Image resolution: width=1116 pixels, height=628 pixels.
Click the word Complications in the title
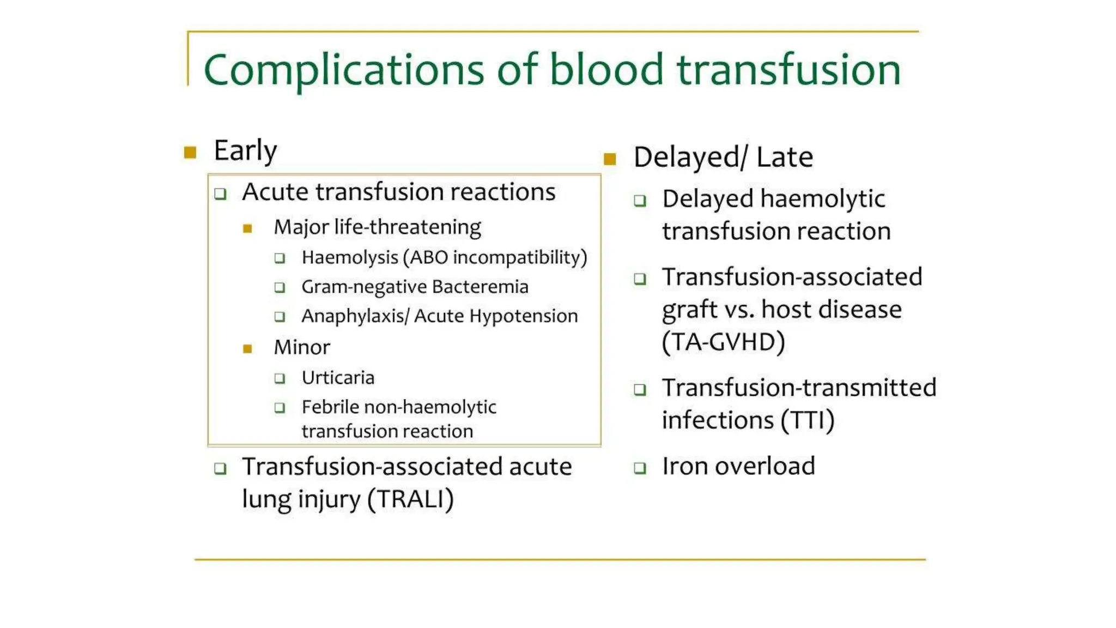(x=343, y=71)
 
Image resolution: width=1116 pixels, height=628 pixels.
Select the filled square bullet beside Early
(x=190, y=152)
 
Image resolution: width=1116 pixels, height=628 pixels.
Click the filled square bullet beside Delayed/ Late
(x=610, y=159)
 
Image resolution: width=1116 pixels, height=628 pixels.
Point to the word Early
(x=245, y=150)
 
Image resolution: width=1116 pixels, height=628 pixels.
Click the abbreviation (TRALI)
(x=410, y=499)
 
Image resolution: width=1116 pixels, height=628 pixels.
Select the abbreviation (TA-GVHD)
(x=723, y=342)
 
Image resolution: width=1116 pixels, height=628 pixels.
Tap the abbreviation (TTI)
(x=807, y=420)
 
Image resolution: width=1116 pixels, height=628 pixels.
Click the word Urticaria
(x=338, y=378)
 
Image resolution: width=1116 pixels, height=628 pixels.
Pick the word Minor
(x=302, y=347)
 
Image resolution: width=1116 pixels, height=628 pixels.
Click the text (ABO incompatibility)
(x=495, y=257)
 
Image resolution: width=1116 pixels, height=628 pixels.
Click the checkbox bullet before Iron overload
(x=640, y=468)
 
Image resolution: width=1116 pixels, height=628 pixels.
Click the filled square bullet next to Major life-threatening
(x=247, y=228)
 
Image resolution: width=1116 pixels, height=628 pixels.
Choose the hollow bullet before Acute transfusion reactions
(x=220, y=194)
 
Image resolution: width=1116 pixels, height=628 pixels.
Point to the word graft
(x=689, y=310)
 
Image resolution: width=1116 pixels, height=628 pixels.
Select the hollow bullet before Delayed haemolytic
(x=640, y=201)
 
